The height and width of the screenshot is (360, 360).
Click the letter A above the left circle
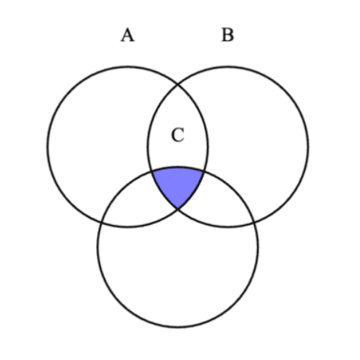coord(127,36)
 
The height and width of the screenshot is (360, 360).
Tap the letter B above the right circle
coord(227,36)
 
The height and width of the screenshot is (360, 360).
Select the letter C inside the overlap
coord(177,135)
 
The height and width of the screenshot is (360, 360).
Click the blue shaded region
coord(177,185)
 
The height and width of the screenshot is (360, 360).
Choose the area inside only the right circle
coord(262,133)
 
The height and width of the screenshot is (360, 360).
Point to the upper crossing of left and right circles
coord(177,84)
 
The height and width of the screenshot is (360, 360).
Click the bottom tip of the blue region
coord(177,210)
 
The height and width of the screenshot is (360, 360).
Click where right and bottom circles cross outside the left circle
coord(254,222)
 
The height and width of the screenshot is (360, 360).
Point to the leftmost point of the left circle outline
coord(48,147)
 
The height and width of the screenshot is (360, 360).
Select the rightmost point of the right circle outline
coord(308,147)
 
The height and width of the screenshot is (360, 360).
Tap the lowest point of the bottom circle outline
coord(177,327)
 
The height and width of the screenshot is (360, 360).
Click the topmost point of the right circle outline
coord(228,67)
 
